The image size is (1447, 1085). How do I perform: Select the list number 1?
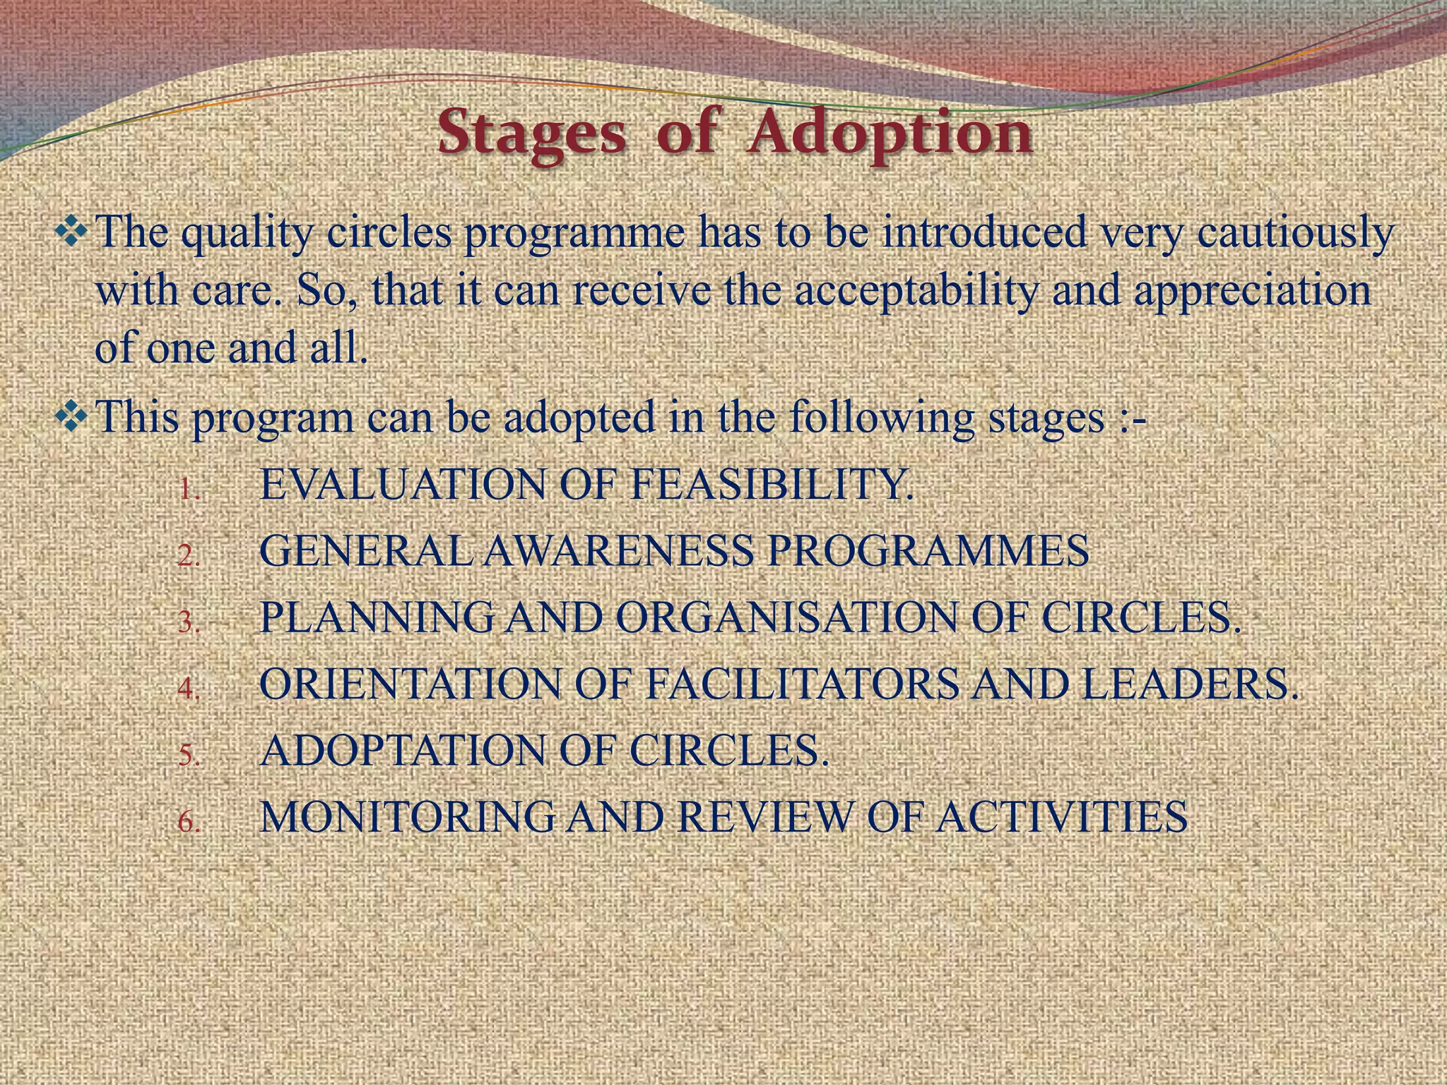tap(189, 490)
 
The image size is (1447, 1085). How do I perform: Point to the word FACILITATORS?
tap(802, 684)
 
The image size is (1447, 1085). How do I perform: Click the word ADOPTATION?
tap(403, 751)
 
